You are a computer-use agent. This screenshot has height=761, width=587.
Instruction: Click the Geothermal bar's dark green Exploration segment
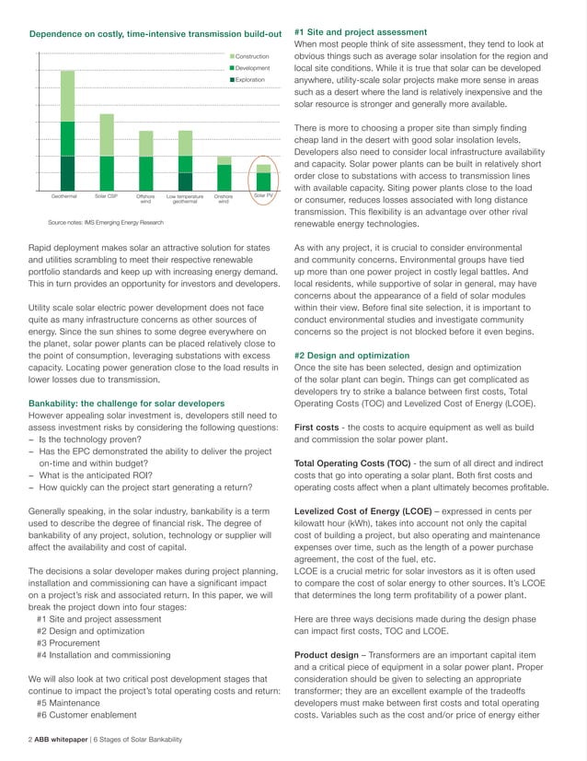tap(67, 173)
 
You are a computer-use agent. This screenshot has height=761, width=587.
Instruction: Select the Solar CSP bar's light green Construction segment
tap(107, 135)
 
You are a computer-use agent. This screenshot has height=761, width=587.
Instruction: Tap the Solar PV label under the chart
tap(263, 196)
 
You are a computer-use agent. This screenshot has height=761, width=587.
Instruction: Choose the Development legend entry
tap(252, 68)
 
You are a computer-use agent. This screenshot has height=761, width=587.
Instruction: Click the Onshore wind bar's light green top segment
tap(224, 160)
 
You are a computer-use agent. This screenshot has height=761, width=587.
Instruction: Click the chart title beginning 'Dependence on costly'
tap(155, 34)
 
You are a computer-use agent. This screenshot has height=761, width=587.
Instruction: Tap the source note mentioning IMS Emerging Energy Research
tap(106, 222)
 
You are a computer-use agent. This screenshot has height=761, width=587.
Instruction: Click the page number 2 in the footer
tap(31, 740)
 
